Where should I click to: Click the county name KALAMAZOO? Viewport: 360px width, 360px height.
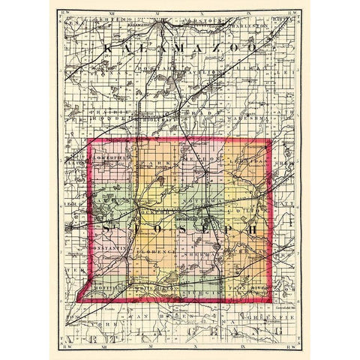click(x=180, y=46)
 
